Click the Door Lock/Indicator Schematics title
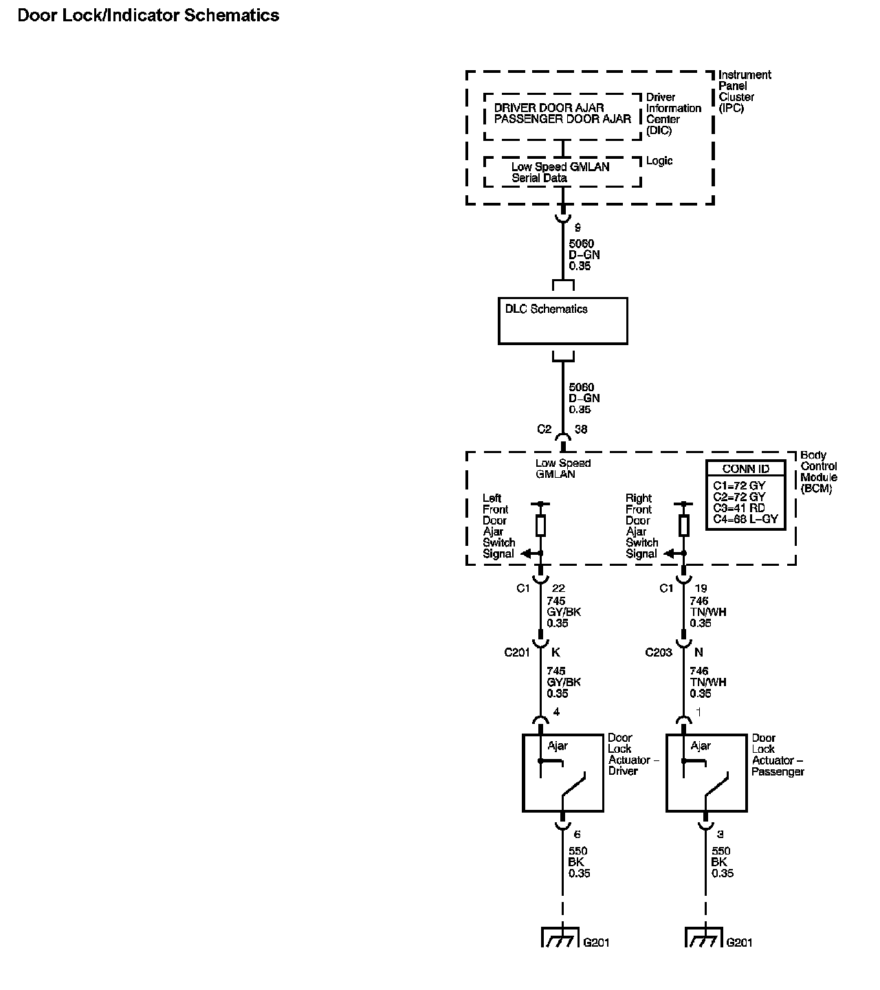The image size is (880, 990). pyautogui.click(x=148, y=16)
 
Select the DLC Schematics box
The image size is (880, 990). pyautogui.click(x=562, y=320)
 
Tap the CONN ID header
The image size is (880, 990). pyautogui.click(x=745, y=469)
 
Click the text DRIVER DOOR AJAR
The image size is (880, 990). pyautogui.click(x=549, y=108)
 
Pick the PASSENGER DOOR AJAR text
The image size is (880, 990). pyautogui.click(x=562, y=119)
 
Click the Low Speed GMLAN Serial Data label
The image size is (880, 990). pyautogui.click(x=560, y=172)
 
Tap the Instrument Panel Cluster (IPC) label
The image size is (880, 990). pyautogui.click(x=745, y=91)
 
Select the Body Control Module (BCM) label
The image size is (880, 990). pyautogui.click(x=819, y=472)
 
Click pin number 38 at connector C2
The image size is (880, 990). pyautogui.click(x=581, y=430)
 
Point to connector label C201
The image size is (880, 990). pyautogui.click(x=517, y=652)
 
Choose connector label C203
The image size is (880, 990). pyautogui.click(x=658, y=652)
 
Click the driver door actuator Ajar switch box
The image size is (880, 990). pyautogui.click(x=563, y=773)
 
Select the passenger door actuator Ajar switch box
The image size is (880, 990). pyautogui.click(x=707, y=773)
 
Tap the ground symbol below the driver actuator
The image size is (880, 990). pyautogui.click(x=562, y=938)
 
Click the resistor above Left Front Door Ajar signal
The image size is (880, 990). pyautogui.click(x=541, y=526)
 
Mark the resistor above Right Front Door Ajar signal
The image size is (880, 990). pyautogui.click(x=684, y=526)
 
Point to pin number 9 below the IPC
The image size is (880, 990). pyautogui.click(x=577, y=228)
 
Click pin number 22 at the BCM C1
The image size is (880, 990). pyautogui.click(x=559, y=588)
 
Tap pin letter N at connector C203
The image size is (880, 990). pyautogui.click(x=699, y=652)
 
